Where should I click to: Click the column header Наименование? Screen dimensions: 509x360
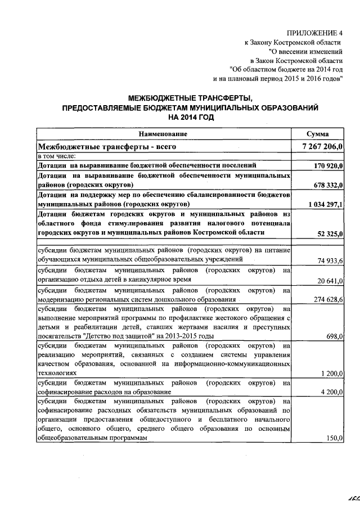(164, 134)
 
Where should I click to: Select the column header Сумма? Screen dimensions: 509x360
(317, 134)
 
